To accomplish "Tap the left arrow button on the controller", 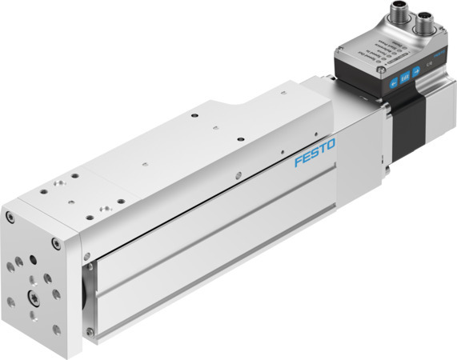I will coord(393,84).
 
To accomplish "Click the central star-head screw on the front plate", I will coord(36,300).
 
